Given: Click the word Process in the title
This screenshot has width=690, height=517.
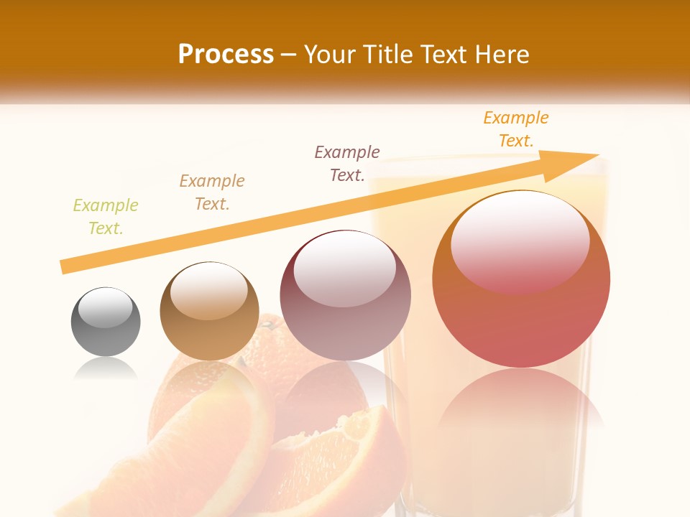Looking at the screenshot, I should [226, 55].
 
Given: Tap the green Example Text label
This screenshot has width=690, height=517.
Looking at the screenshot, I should [106, 216].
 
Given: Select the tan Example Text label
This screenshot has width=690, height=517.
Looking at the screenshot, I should [212, 192].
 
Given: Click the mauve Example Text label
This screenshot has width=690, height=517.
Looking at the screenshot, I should [347, 163].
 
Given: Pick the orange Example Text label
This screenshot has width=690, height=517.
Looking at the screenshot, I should [516, 129].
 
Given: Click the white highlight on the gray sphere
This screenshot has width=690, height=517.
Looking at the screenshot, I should [106, 307].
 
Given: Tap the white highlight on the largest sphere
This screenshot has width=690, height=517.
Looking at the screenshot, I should [520, 241].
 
